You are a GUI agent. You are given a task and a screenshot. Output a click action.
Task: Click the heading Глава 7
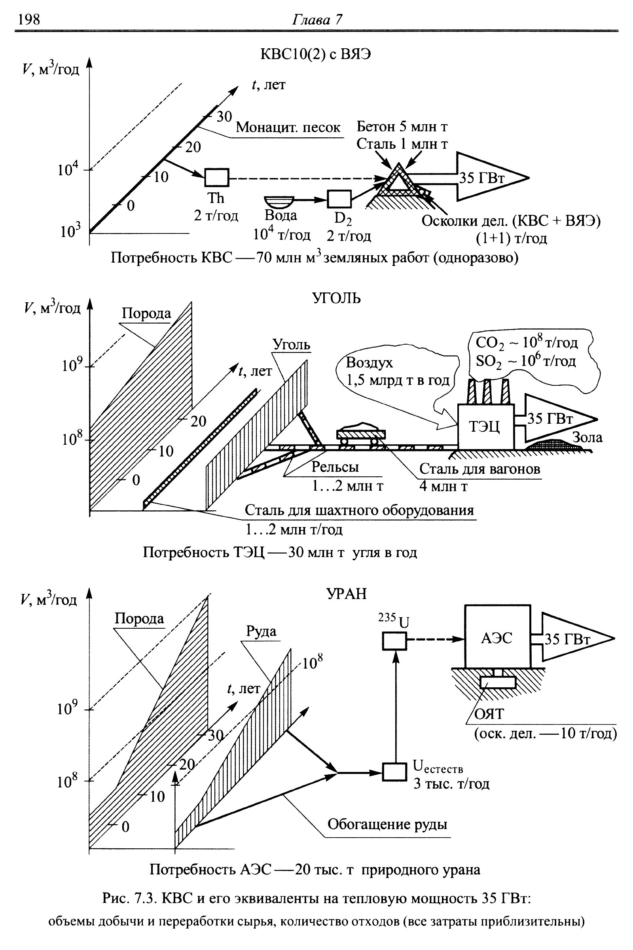(x=316, y=19)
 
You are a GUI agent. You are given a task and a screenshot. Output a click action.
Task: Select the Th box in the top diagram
(x=217, y=177)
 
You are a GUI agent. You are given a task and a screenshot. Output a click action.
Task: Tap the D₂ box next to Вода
(x=339, y=199)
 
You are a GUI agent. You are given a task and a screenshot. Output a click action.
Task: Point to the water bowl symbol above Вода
(x=279, y=201)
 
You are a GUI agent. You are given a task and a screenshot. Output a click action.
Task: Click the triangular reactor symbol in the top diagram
(x=399, y=180)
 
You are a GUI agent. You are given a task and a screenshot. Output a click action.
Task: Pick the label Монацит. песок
(x=288, y=127)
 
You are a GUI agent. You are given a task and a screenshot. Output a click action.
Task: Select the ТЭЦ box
(x=486, y=427)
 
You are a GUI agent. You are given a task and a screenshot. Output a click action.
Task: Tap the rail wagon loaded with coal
(x=361, y=435)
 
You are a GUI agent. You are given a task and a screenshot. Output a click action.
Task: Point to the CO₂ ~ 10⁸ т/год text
(x=527, y=343)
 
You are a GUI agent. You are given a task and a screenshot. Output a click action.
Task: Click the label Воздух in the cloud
(x=370, y=362)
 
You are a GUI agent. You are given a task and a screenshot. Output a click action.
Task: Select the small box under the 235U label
(x=394, y=640)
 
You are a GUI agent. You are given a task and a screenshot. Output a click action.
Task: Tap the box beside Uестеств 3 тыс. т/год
(x=394, y=772)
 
